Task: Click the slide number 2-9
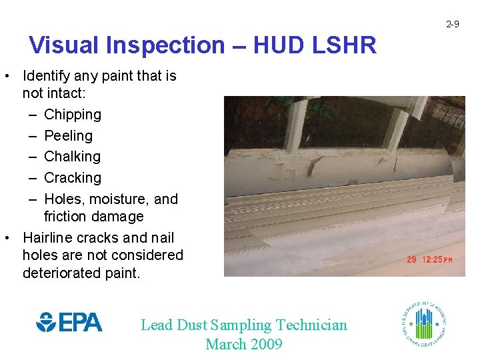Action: (453, 25)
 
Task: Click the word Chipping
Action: (73, 115)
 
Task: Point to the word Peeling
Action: (68, 136)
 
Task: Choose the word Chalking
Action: (72, 157)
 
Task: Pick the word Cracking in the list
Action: (73, 178)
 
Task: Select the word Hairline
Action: (51, 238)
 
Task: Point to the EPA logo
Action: (69, 323)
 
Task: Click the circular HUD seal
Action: (424, 323)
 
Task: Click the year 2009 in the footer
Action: (265, 345)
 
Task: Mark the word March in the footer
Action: (225, 345)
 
